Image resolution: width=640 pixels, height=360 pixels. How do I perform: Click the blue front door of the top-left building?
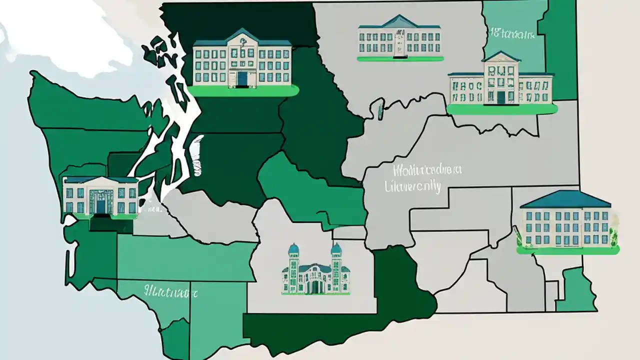click(x=242, y=78)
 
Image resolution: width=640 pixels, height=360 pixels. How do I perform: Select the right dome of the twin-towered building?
click(x=336, y=248)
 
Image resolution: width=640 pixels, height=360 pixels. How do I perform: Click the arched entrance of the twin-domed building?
click(x=315, y=286)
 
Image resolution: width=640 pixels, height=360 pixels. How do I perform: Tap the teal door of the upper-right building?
click(x=501, y=97)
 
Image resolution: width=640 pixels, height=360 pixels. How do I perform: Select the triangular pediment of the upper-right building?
click(x=501, y=56)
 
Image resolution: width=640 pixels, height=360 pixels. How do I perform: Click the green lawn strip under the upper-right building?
click(x=501, y=109)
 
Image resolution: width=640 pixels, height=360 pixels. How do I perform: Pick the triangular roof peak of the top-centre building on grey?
click(x=399, y=21)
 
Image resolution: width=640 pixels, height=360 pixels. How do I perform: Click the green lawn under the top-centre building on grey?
click(x=400, y=59)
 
